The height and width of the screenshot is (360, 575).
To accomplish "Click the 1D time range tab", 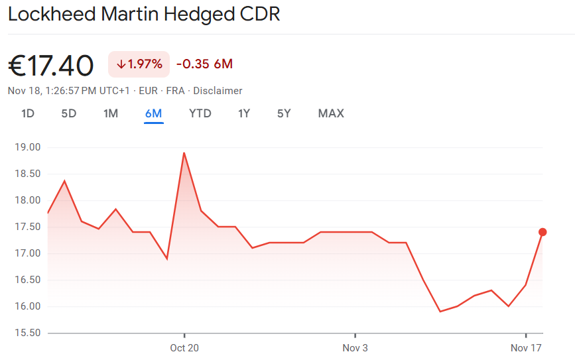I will coord(28,113).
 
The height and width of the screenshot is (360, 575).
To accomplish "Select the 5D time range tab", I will coord(69,113).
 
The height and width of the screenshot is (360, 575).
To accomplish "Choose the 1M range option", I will coord(111,113).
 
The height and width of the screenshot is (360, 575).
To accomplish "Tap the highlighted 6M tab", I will coord(153,113).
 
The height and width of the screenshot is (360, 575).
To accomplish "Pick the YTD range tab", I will coord(200,113).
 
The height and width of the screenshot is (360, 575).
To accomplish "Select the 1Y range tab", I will coord(244,113).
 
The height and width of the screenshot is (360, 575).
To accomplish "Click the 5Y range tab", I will coord(284,113).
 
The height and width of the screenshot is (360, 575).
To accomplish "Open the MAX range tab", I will coord(331,113).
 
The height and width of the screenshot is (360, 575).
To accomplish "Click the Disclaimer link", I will coord(218,91).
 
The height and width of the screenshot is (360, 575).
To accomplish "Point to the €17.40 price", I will coord(51,65).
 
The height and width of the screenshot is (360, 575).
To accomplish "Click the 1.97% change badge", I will coord(139,64).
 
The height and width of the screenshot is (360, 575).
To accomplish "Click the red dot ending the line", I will coord(543,232).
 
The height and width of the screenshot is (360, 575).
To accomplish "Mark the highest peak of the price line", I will coord(184,153).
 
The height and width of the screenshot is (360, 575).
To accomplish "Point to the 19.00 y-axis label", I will coord(27,147).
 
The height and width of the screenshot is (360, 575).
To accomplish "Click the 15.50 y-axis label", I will coord(27,333).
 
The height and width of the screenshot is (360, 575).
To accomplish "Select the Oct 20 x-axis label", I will coord(184,347).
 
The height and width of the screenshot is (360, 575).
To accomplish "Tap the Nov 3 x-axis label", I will coord(355,347).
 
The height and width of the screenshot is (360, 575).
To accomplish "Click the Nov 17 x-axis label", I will coord(526,347).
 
